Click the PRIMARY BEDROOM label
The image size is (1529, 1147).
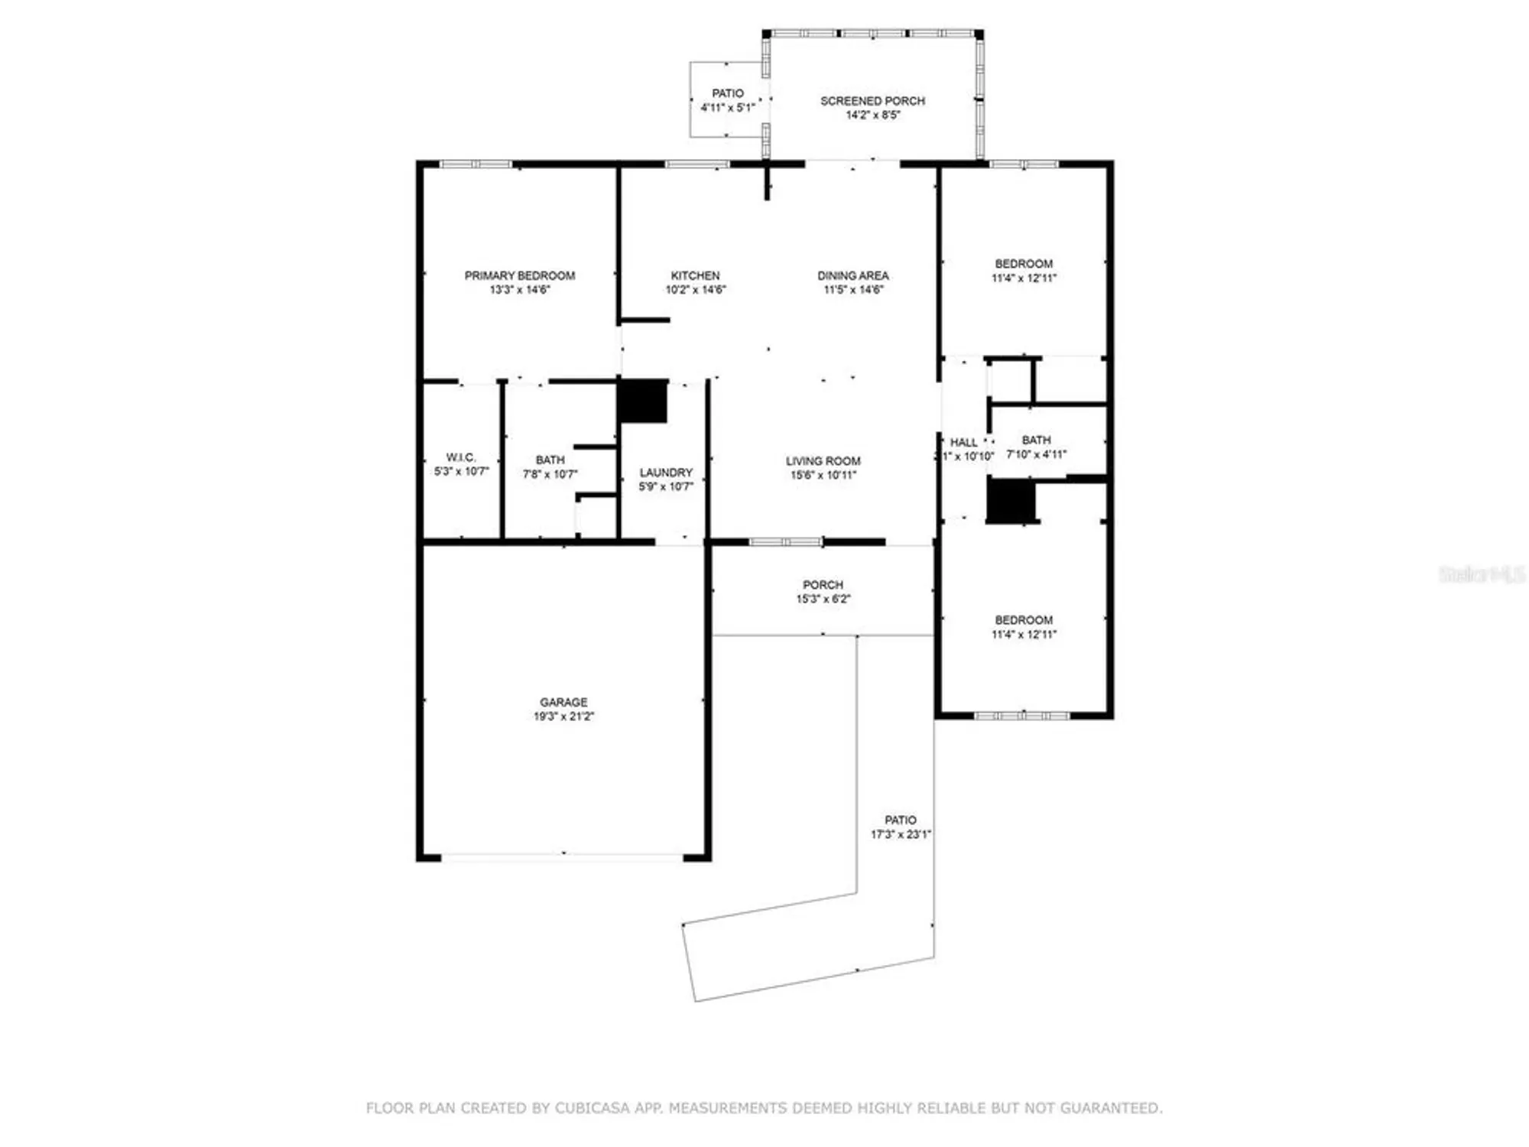click(x=519, y=275)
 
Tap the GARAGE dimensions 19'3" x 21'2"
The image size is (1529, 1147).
click(x=563, y=716)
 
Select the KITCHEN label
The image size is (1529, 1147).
click(x=695, y=275)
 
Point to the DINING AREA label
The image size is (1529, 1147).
click(x=852, y=275)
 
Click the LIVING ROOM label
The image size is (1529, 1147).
click(x=823, y=461)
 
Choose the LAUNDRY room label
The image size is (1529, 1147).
click(x=666, y=473)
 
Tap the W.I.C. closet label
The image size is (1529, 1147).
click(x=461, y=457)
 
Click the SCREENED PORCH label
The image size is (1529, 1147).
click(x=872, y=101)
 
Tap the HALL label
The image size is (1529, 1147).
click(x=963, y=442)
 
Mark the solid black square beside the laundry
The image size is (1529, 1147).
click(x=643, y=401)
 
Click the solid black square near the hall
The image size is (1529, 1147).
click(x=1011, y=500)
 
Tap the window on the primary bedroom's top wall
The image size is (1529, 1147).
click(x=476, y=164)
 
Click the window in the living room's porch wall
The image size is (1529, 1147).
click(x=785, y=541)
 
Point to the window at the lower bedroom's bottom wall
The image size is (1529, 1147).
click(x=1021, y=716)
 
